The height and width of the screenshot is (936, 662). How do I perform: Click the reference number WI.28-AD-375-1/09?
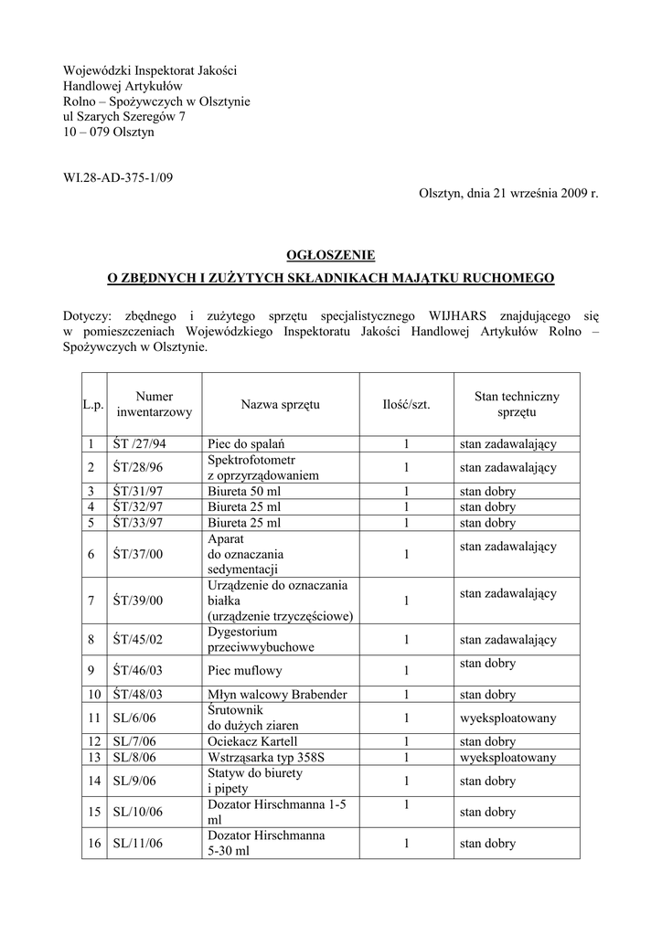tap(118, 177)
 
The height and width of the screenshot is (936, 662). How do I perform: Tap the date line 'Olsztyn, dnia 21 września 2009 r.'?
tap(508, 194)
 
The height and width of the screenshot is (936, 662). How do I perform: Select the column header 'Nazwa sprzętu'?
tap(281, 404)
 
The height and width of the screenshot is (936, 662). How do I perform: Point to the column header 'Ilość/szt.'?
tap(406, 404)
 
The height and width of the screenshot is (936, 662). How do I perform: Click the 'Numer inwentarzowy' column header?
tap(155, 404)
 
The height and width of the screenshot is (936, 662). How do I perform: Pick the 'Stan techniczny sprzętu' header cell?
tap(517, 404)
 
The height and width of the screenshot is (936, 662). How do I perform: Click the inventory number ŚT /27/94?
tap(140, 444)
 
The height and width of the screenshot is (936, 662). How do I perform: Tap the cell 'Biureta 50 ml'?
tap(244, 491)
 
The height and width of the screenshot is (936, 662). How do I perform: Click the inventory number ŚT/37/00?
tap(138, 554)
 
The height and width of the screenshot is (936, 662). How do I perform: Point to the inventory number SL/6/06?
tap(134, 718)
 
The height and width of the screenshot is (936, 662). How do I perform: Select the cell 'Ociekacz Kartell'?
tap(252, 741)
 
